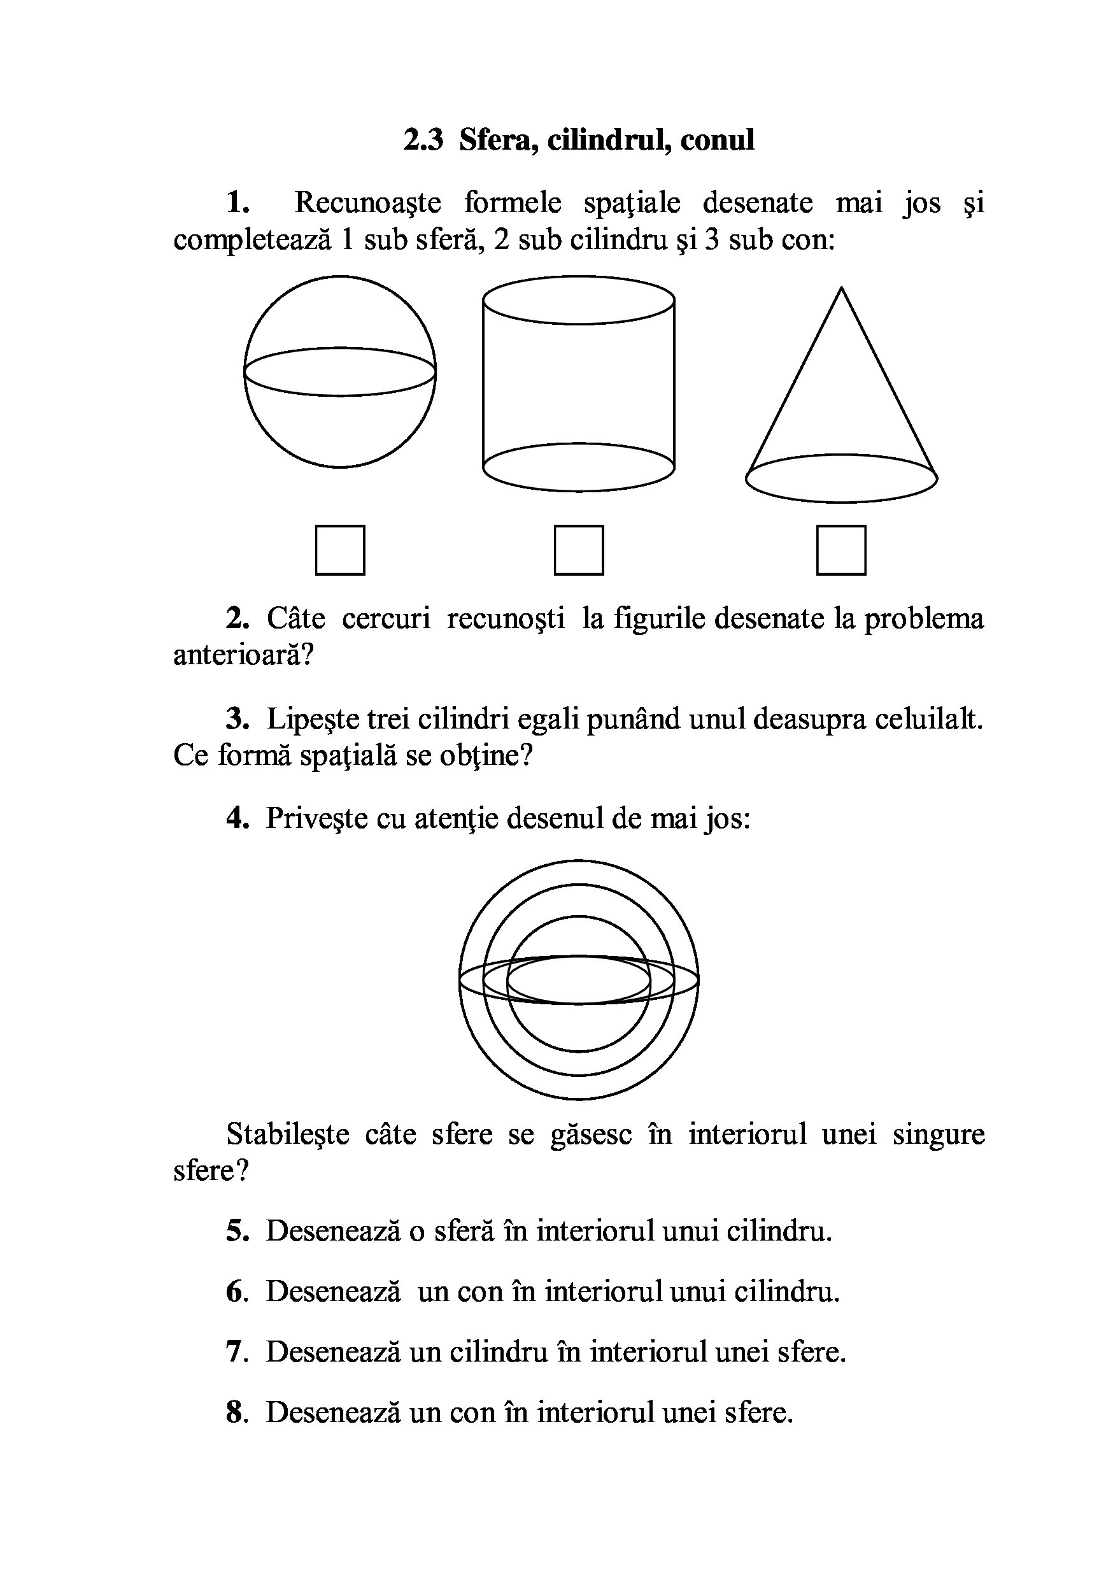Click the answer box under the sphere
coord(340,550)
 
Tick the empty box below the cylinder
coord(579,550)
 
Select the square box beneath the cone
coord(840,550)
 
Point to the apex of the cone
coord(841,288)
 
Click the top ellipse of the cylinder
coord(579,299)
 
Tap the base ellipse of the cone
coord(841,478)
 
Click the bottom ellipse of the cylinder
coord(579,467)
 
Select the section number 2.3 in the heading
coord(423,139)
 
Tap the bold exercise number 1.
coord(237,203)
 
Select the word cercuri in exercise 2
coord(386,618)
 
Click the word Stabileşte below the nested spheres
coord(288,1134)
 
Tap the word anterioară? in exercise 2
coord(243,655)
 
